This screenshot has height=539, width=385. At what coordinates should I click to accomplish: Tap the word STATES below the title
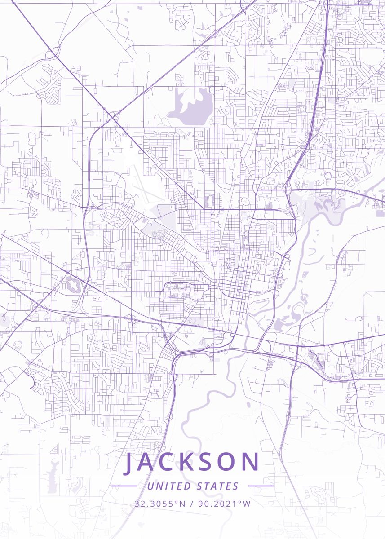tap(218, 486)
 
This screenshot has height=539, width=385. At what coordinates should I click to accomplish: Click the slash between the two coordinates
tap(192, 504)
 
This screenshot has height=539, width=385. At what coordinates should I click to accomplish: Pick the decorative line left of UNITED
tap(124, 486)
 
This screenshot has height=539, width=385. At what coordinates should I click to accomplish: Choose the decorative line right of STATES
tap(261, 486)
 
